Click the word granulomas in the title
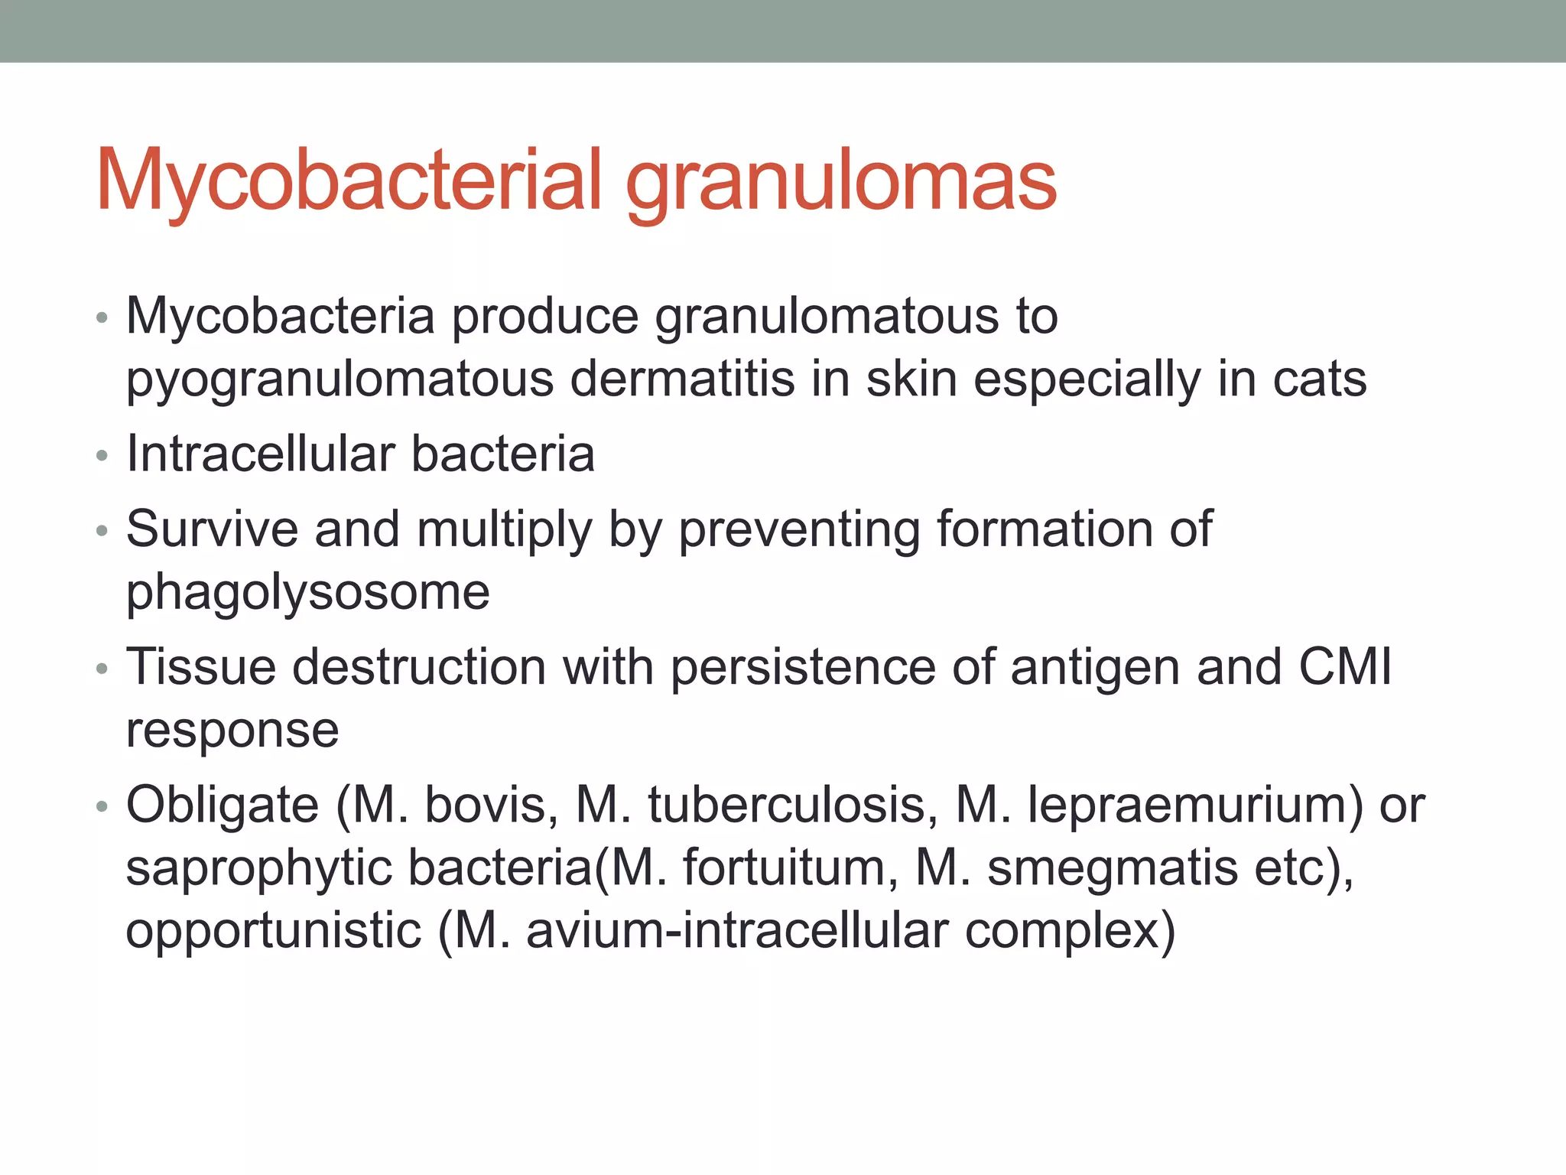pyautogui.click(x=841, y=184)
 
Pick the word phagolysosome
pyautogui.click(x=307, y=594)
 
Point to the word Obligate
pyautogui.click(x=222, y=806)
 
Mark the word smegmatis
pyautogui.click(x=1112, y=870)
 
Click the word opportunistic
pyautogui.click(x=273, y=932)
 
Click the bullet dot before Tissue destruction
pyautogui.click(x=102, y=670)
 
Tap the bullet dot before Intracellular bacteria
pyautogui.click(x=102, y=457)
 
